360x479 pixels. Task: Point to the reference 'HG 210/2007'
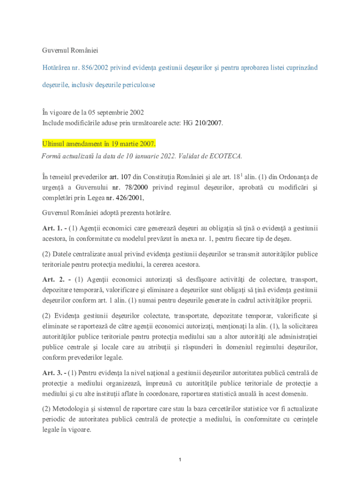pyautogui.click(x=206, y=123)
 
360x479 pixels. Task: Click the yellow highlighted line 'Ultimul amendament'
pyautogui.click(x=99, y=143)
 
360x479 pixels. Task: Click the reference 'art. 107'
pyautogui.click(x=120, y=177)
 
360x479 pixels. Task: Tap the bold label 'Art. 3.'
pyautogui.click(x=52, y=373)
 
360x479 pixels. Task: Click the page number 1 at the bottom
pyautogui.click(x=180, y=460)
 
